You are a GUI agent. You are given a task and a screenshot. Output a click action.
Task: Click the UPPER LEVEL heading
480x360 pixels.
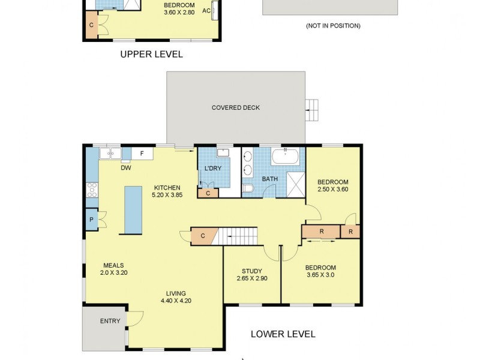[151, 54]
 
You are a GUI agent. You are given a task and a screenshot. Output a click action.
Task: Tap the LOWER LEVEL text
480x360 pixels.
[283, 334]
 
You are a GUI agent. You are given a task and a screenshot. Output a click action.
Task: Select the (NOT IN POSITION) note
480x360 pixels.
[333, 26]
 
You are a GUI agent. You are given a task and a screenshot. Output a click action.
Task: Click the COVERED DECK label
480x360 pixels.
[236, 108]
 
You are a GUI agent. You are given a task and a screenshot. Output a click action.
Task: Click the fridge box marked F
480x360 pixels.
[142, 154]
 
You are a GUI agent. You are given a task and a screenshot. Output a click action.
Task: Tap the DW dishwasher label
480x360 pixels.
[126, 168]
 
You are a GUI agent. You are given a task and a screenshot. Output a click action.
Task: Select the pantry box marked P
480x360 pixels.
[92, 219]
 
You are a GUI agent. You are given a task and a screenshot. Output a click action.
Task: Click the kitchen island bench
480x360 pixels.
[133, 209]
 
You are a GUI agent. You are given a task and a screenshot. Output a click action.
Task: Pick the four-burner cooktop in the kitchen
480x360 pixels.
[92, 190]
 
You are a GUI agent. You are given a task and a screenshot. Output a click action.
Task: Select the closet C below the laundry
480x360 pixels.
[208, 193]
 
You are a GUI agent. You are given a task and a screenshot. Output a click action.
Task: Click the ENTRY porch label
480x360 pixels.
[110, 321]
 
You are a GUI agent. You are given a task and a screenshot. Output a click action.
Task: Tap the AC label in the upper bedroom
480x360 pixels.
[206, 11]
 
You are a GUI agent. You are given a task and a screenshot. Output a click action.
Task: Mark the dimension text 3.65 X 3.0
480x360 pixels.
[320, 275]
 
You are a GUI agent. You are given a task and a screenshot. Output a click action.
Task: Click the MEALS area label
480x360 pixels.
[113, 265]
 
